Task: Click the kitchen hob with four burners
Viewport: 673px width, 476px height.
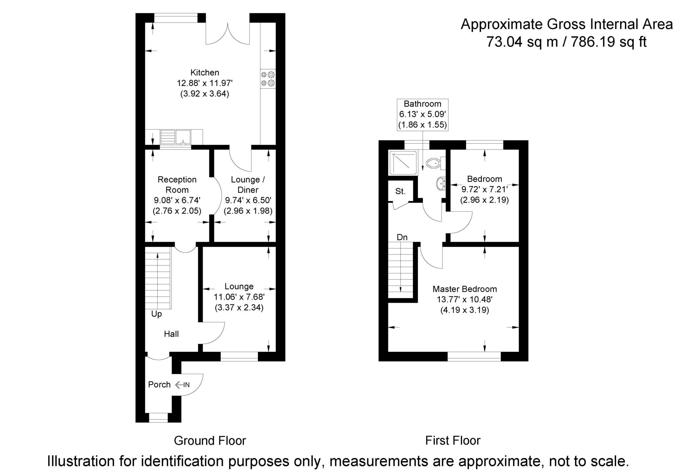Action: (x=268, y=79)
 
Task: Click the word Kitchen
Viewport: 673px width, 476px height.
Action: (x=205, y=72)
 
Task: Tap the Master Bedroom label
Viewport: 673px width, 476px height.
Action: (x=464, y=289)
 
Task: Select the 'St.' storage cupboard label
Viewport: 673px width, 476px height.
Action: (x=400, y=191)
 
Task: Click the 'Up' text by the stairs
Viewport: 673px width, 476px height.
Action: (x=156, y=314)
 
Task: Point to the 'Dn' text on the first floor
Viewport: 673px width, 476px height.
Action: (x=402, y=237)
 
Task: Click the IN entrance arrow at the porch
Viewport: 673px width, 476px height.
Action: (x=182, y=385)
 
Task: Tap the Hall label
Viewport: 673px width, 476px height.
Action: (x=171, y=334)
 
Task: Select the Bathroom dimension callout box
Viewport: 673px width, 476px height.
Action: (x=422, y=114)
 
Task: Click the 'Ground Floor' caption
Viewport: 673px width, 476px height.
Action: (x=210, y=441)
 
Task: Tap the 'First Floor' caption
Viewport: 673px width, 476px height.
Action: (x=453, y=441)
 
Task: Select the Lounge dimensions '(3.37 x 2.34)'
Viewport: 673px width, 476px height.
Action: (x=239, y=308)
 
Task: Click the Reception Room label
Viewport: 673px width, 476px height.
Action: (x=177, y=185)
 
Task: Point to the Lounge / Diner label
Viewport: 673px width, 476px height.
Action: (x=248, y=185)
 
